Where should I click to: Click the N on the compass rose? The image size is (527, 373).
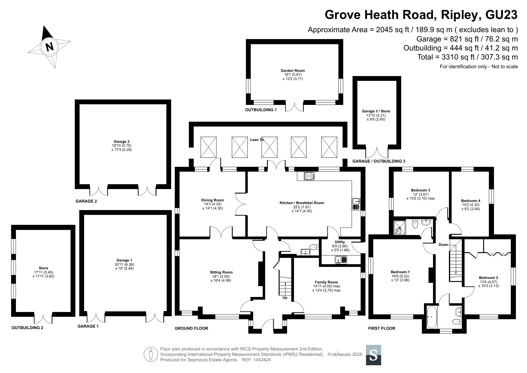point(49,47)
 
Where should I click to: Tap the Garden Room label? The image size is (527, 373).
point(292,71)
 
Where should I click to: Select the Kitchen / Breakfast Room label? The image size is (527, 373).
point(302,203)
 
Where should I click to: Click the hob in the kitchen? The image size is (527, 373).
point(309,176)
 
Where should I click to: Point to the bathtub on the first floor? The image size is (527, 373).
point(431,317)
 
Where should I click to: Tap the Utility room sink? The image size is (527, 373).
point(341,260)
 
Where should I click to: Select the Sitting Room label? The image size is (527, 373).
point(221,272)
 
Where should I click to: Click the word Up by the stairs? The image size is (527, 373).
point(285,298)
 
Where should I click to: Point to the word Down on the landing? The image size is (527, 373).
point(444,245)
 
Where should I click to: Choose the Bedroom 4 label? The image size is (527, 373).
point(471,201)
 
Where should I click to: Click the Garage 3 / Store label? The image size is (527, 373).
point(376,111)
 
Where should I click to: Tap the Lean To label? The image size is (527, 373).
point(257,139)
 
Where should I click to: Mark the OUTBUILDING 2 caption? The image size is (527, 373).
point(27,328)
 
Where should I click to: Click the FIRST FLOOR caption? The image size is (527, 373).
point(382,328)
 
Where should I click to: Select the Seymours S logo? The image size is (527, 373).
point(373,355)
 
